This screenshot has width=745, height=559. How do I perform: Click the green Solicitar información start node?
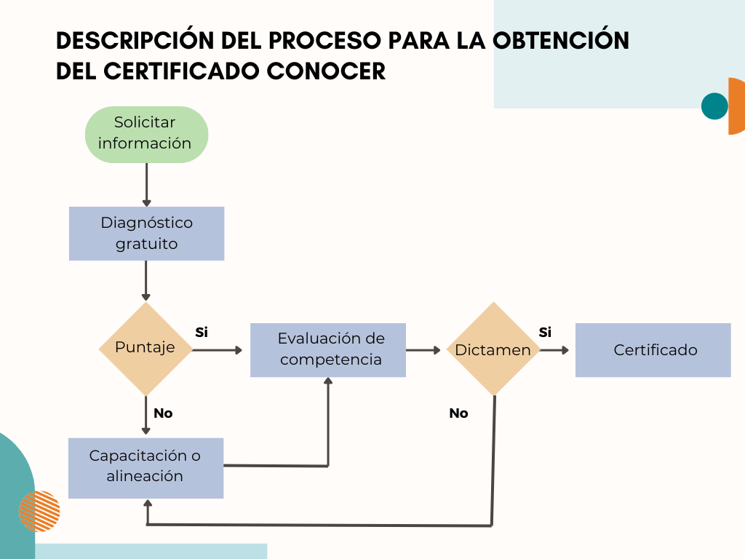tap(146, 135)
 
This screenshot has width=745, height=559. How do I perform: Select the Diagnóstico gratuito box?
tap(146, 234)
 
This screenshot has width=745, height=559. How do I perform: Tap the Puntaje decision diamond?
tap(146, 349)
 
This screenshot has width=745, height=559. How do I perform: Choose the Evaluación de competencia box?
tap(328, 350)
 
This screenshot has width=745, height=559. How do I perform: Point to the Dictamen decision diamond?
tap(494, 349)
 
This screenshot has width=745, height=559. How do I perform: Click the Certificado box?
tap(653, 350)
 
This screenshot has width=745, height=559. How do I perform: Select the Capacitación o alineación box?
tap(146, 468)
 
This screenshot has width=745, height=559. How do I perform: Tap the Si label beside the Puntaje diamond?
tap(202, 332)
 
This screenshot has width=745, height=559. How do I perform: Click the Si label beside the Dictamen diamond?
tap(545, 332)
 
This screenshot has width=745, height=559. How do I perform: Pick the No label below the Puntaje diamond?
tap(163, 413)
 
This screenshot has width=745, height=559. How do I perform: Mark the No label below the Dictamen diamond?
tap(458, 413)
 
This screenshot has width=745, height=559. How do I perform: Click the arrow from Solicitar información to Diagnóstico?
tap(146, 185)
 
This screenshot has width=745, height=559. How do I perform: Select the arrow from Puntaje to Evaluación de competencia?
tap(218, 350)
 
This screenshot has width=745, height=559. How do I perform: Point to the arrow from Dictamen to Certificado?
tap(554, 350)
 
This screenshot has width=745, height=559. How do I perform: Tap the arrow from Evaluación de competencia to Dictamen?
tap(423, 350)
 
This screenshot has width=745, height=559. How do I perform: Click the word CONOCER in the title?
tap(326, 71)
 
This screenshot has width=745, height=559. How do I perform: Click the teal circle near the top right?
tap(714, 106)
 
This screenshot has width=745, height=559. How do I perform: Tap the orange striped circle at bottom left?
tap(39, 511)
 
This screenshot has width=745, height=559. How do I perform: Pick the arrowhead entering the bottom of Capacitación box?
tap(148, 504)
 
